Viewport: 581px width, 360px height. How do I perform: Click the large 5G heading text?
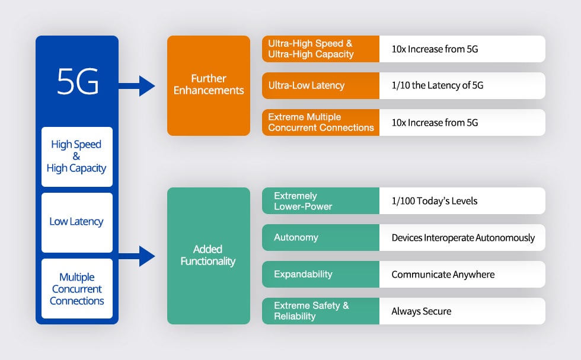click(77, 82)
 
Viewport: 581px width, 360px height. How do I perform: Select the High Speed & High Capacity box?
click(77, 157)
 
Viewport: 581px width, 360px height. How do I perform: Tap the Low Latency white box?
click(77, 222)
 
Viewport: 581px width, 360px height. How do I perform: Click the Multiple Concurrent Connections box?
click(77, 289)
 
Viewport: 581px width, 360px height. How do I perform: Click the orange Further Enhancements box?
click(209, 85)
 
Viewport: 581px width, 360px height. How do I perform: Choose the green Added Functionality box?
click(209, 256)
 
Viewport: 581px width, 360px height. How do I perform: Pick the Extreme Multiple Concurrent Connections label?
click(320, 122)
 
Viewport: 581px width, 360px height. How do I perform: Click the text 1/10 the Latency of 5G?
click(438, 85)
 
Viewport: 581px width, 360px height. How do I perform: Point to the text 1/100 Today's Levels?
click(435, 201)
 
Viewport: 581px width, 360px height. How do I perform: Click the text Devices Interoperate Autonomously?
click(463, 238)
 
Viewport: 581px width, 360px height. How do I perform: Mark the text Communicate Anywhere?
click(443, 275)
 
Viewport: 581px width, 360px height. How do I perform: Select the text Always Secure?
click(422, 311)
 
